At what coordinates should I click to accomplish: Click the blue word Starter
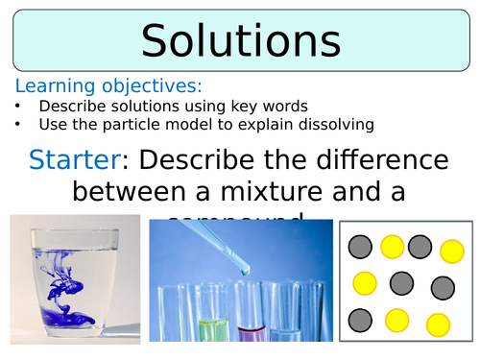pyautogui.click(x=66, y=158)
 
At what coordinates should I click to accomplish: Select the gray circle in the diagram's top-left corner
pyautogui.click(x=359, y=248)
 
